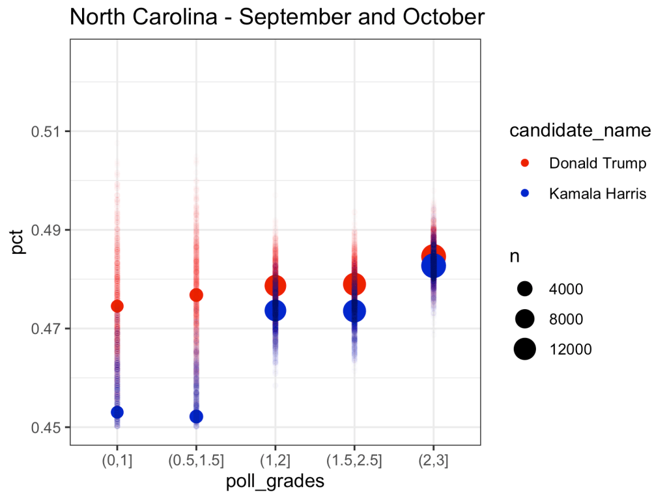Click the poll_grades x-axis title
pyautogui.click(x=275, y=482)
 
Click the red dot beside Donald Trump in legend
pyautogui.click(x=525, y=163)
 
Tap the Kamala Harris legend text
pyautogui.click(x=597, y=194)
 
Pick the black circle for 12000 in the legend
pyautogui.click(x=525, y=350)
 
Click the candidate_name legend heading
pyautogui.click(x=580, y=131)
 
